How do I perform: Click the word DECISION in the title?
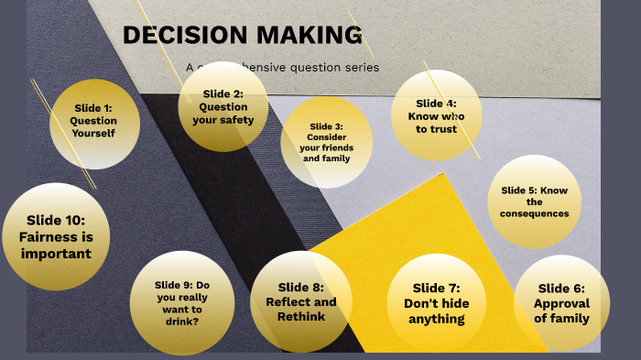[176, 36]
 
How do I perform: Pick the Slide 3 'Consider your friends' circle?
[326, 142]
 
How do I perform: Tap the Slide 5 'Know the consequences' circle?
[535, 202]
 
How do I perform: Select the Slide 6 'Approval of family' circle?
[561, 303]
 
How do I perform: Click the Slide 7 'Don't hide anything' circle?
[436, 303]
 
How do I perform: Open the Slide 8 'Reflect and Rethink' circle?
[301, 302]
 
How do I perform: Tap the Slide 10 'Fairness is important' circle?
[56, 236]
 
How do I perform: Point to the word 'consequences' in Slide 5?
[535, 213]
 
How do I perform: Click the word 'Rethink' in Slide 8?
[301, 317]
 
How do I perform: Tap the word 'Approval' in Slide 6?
[561, 303]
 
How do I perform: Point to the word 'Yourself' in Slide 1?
[94, 133]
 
